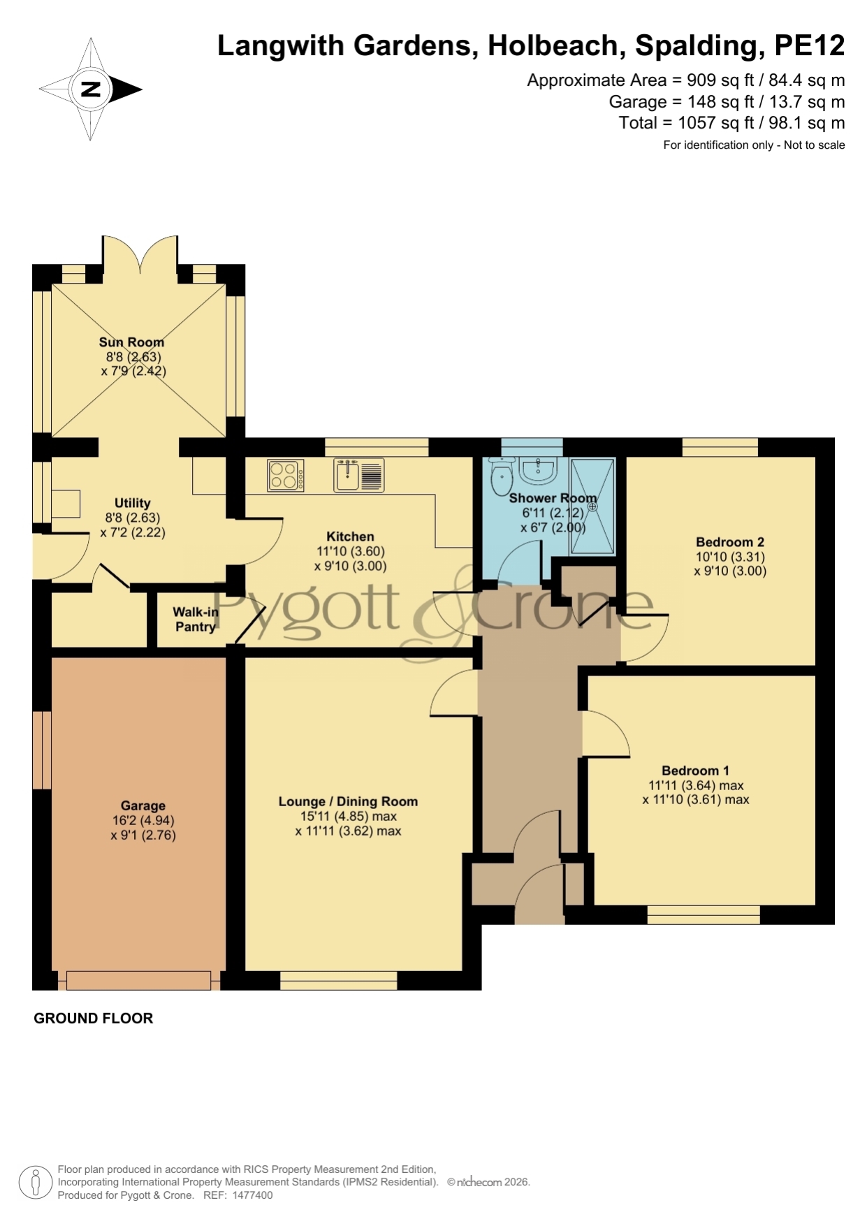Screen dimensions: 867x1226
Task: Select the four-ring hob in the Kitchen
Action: pos(286,475)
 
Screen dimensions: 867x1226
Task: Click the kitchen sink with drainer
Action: pos(359,475)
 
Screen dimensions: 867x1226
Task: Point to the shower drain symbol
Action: pos(592,506)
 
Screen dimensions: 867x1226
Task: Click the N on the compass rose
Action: pos(91,89)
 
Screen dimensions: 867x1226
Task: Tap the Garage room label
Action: pos(143,805)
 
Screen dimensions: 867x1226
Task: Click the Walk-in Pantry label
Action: pos(196,619)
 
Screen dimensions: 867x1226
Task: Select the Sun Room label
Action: pos(131,342)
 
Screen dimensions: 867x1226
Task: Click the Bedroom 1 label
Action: pos(695,771)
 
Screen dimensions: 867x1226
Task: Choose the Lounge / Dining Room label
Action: pos(348,801)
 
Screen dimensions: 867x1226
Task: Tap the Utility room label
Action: pos(133,503)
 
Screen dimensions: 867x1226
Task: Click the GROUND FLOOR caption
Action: pos(94,1019)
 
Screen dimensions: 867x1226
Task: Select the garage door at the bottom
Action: pos(139,980)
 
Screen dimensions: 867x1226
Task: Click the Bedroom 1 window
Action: pos(704,914)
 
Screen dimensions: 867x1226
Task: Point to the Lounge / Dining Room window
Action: pos(339,980)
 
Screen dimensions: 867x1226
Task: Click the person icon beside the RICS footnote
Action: pos(35,1183)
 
